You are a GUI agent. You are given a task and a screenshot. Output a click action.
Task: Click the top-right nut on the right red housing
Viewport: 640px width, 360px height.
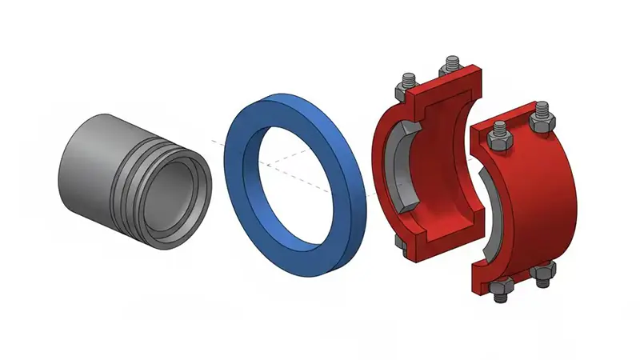point(543,118)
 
